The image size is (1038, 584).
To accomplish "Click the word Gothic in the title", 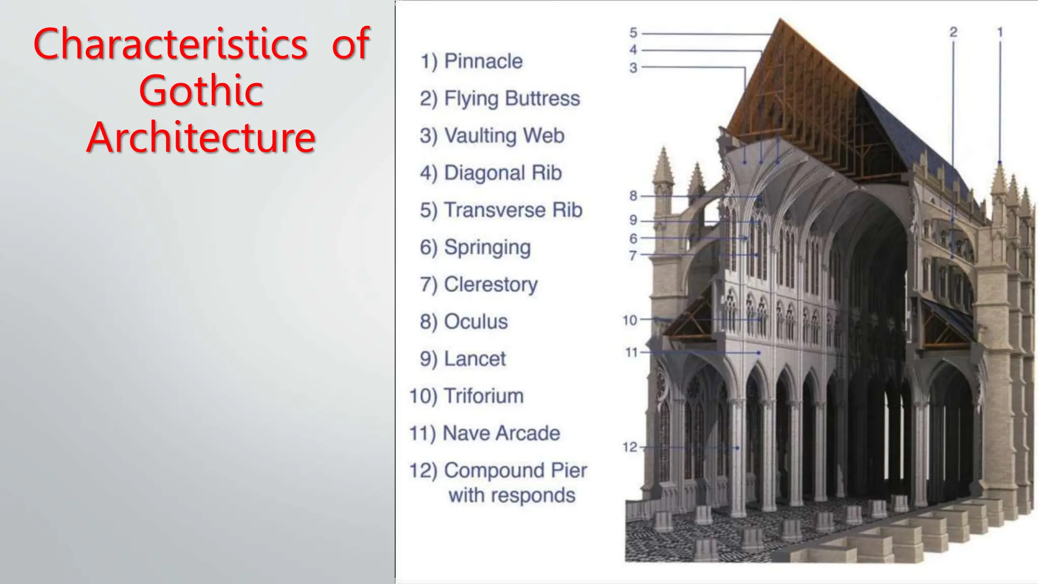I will pos(201,91).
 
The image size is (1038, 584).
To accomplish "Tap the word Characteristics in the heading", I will pos(170,44).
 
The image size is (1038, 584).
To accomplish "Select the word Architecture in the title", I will pos(201,137).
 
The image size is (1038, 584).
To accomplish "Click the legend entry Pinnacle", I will pos(483,61).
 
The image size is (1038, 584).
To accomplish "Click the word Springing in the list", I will pos(487,247).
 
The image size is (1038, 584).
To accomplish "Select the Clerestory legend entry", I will pos(491,284).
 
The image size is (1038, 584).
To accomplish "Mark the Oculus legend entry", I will pos(475,321).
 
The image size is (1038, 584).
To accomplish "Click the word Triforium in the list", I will pos(484,396).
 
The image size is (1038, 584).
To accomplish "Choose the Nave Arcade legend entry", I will pos(501,433).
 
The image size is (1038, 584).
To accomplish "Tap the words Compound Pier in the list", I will pos(515,470).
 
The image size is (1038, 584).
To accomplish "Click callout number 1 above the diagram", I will pos(1000,32).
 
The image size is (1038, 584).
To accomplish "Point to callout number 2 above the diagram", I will pos(953,32).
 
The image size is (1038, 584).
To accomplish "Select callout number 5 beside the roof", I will pos(634,33).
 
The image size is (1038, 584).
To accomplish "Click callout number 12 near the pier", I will pos(630,447).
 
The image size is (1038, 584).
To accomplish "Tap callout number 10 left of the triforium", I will pos(630,320).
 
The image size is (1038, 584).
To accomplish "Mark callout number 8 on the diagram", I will pos(634,196).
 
